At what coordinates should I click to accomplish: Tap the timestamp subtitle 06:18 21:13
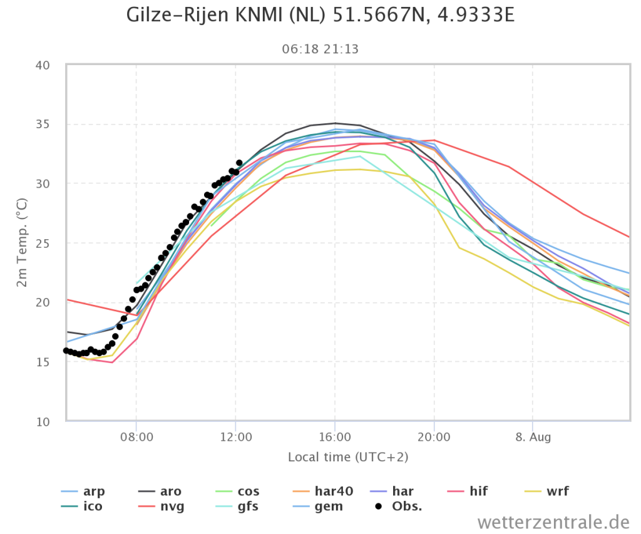(x=320, y=49)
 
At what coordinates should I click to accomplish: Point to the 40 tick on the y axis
(x=43, y=66)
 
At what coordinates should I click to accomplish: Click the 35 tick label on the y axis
(x=43, y=125)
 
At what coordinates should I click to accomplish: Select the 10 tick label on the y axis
(x=43, y=422)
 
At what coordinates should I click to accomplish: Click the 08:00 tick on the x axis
(x=136, y=437)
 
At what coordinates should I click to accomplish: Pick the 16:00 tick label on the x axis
(x=335, y=437)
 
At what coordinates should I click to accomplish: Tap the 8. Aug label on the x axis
(x=533, y=437)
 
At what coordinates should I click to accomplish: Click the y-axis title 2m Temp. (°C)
(x=22, y=242)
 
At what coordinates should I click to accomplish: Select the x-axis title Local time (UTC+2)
(x=348, y=457)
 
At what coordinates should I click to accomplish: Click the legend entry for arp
(x=83, y=491)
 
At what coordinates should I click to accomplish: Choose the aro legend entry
(x=160, y=491)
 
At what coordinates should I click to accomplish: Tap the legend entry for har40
(x=324, y=491)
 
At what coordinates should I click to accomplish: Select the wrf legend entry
(x=546, y=491)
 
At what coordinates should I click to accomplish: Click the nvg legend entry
(x=162, y=506)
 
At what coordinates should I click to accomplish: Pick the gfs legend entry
(x=237, y=506)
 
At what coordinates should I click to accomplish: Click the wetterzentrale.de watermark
(x=553, y=523)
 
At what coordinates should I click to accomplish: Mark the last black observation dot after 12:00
(x=239, y=163)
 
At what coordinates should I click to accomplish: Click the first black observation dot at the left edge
(x=66, y=351)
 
